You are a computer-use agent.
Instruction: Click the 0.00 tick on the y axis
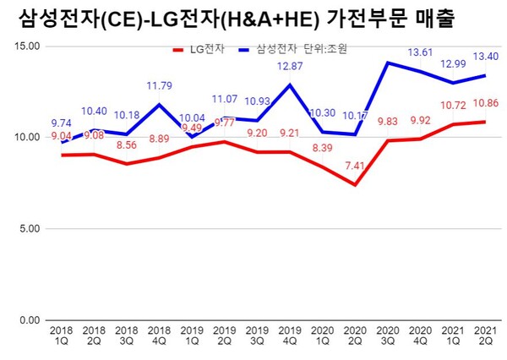point(26,320)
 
